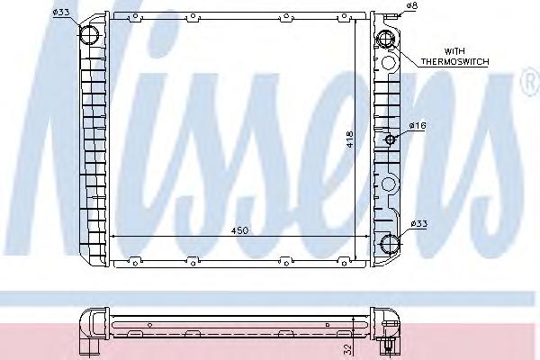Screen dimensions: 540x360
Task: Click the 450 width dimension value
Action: pyautogui.click(x=239, y=230)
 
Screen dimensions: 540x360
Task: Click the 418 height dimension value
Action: pyautogui.click(x=350, y=139)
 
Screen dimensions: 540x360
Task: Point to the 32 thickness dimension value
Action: pyautogui.click(x=347, y=349)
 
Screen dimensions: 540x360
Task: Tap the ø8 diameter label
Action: pyautogui.click(x=411, y=6)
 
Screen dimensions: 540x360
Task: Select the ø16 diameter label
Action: pyautogui.click(x=418, y=125)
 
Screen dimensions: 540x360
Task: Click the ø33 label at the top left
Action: pyautogui.click(x=61, y=13)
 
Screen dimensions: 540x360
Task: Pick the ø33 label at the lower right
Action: pyautogui.click(x=418, y=224)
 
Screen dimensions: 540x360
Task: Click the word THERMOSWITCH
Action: pyautogui.click(x=454, y=62)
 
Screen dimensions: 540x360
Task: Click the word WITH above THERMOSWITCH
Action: pyautogui.click(x=454, y=51)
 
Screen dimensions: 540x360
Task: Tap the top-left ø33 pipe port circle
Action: pyautogui.click(x=89, y=34)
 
